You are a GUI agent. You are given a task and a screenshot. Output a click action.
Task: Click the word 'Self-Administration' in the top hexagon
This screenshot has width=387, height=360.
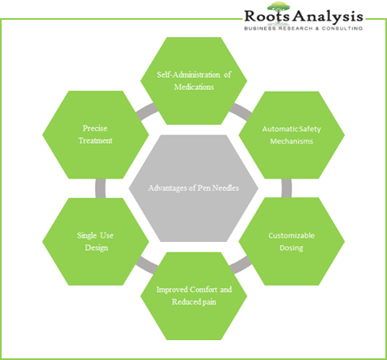(x=188, y=74)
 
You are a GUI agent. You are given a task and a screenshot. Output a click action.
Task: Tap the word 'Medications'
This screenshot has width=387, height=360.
(x=194, y=87)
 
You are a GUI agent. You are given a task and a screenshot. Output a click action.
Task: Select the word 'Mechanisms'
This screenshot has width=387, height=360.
(x=291, y=141)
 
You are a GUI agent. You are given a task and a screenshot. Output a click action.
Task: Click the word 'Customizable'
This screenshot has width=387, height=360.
(x=291, y=235)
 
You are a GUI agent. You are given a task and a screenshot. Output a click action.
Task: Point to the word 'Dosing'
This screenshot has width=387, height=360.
(x=291, y=248)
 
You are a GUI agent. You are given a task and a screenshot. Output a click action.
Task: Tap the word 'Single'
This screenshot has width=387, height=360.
(x=87, y=235)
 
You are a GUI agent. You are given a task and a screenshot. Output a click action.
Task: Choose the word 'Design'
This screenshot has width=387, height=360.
(x=97, y=248)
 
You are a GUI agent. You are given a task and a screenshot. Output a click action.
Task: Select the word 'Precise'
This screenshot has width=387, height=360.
(x=95, y=128)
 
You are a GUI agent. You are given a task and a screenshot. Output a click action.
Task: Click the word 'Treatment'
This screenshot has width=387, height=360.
(x=95, y=140)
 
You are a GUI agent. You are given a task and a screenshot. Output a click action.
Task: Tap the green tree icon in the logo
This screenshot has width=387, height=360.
(x=278, y=8)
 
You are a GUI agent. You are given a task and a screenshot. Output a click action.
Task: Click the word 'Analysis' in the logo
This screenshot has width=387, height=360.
(x=328, y=17)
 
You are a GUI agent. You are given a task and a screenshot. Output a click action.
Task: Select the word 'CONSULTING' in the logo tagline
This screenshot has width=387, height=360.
(x=342, y=28)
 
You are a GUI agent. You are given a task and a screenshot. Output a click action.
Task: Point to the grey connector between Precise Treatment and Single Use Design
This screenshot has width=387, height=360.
(x=100, y=188)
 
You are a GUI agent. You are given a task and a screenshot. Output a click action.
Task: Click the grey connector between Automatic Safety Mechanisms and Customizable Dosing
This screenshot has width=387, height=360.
(x=286, y=188)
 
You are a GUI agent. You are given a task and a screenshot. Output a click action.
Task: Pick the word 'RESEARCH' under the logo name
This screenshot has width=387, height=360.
(x=295, y=28)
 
